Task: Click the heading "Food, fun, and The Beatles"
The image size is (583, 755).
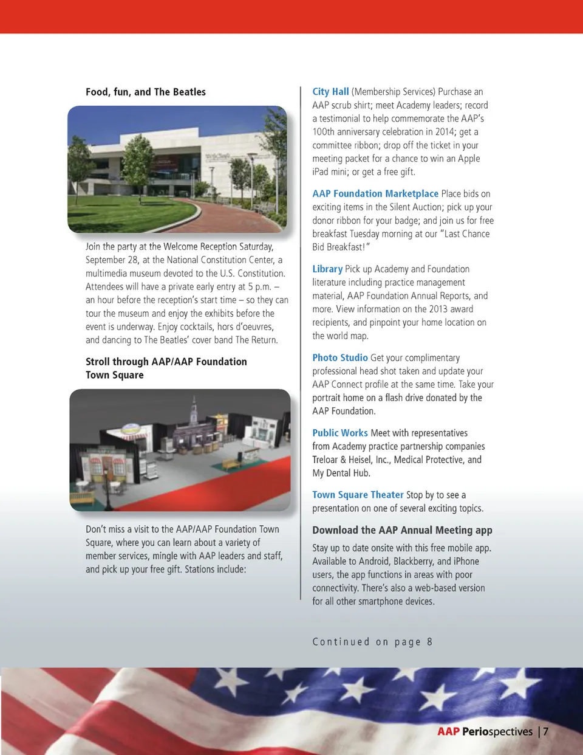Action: pos(146,92)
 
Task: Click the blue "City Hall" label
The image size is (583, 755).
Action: pos(330,92)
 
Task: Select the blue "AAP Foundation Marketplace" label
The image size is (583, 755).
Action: pos(375,194)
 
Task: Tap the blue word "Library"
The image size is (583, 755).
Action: pos(327,269)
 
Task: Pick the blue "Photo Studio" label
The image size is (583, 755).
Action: pos(340,358)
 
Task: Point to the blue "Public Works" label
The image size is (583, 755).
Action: pos(340,433)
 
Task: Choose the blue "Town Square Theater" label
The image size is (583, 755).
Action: pos(358,495)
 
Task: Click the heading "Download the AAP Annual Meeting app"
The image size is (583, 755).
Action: pos(402,530)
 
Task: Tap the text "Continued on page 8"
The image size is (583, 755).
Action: pos(372,642)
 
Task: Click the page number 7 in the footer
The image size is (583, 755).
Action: pos(546,731)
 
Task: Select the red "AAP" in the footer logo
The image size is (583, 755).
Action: pos(448,731)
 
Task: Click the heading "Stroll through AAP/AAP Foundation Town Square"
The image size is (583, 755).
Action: pos(166,368)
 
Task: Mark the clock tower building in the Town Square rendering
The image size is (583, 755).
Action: pos(193,416)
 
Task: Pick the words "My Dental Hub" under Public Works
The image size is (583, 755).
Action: pos(341,474)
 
